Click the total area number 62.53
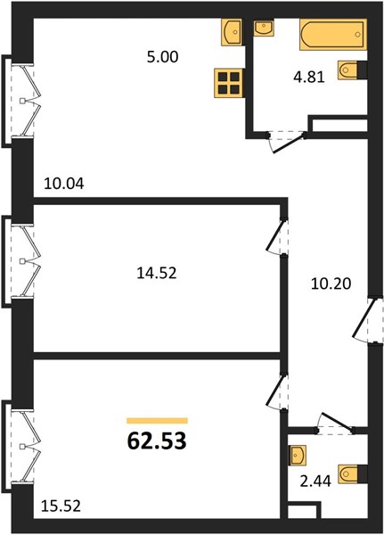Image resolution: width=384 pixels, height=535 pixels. [x=157, y=440]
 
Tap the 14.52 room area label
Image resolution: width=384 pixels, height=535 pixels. [x=157, y=273]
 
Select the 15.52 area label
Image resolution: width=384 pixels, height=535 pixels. [x=61, y=506]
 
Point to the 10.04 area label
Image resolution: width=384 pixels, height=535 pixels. [x=64, y=185]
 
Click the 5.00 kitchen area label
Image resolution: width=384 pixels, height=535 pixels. [x=162, y=57]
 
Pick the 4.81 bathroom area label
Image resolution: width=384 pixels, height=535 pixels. [x=309, y=77]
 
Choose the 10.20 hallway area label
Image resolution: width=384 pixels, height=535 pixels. [x=331, y=284]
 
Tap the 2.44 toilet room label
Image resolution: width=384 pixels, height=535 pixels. [x=315, y=481]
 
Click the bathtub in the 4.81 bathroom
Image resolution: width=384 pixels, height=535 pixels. [x=333, y=35]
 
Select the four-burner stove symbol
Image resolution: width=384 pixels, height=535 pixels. [x=228, y=83]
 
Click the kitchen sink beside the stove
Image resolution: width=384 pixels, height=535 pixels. [x=232, y=32]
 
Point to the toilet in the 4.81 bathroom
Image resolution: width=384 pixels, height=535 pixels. [x=352, y=70]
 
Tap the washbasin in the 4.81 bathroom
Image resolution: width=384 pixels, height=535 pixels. [x=263, y=28]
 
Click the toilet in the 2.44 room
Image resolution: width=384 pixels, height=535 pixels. [x=353, y=473]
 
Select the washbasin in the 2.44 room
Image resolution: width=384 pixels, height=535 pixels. [x=298, y=455]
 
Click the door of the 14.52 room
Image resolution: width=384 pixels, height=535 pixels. [x=275, y=235]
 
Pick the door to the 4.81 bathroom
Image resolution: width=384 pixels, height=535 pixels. [x=287, y=142]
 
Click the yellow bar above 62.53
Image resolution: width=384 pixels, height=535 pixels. [x=157, y=420]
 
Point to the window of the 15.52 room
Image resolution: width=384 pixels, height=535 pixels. [x=21, y=447]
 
